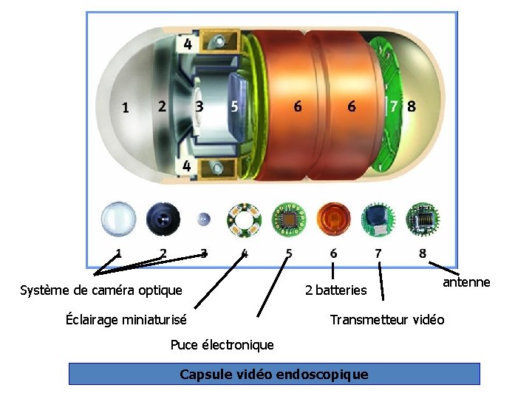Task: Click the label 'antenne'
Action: [466, 283]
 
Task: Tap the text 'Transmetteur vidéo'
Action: [386, 320]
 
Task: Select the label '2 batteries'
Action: [335, 290]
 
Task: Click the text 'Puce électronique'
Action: [222, 345]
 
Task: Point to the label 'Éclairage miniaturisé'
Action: [126, 320]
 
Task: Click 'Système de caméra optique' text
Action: [100, 290]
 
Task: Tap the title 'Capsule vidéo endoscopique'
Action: [274, 374]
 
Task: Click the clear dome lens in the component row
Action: [119, 219]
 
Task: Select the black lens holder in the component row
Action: [163, 219]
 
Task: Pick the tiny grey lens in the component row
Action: [205, 219]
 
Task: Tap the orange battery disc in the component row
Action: [333, 219]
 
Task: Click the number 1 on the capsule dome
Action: [125, 108]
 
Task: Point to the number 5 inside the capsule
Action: [234, 106]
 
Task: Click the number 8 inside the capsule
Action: [412, 106]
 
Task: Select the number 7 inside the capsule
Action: [395, 106]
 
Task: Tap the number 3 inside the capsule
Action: [199, 106]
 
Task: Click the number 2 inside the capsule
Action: [162, 106]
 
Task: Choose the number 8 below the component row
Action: [423, 253]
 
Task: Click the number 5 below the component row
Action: [289, 253]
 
